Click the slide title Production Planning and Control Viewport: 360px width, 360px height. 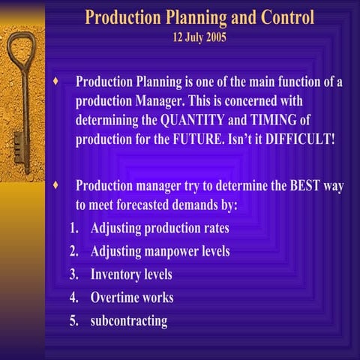(199, 17)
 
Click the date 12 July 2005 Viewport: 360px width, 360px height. (199, 37)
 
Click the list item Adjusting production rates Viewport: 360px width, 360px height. (160, 227)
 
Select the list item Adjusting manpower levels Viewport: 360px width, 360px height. (160, 251)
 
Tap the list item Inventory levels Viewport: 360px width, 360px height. (131, 274)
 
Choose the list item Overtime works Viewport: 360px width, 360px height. (132, 298)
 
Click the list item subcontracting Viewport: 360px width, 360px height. (129, 321)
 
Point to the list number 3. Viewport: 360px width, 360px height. (73, 274)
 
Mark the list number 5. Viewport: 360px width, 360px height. (73, 321)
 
